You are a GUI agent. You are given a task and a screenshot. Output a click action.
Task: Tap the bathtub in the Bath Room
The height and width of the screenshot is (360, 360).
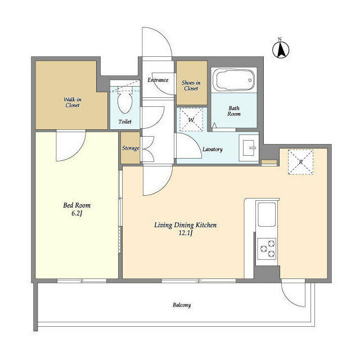(x=234, y=80)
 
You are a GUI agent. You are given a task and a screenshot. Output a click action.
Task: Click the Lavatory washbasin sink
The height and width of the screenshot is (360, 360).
(x=249, y=147)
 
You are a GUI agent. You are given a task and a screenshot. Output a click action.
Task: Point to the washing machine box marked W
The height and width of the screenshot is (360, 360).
(x=191, y=120)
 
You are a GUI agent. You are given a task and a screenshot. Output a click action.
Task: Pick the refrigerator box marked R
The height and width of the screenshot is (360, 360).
(x=300, y=162)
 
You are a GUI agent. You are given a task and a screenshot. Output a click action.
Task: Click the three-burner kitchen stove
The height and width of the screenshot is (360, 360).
(x=267, y=249)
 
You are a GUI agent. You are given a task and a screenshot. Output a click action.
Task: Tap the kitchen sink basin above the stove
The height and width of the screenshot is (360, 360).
(x=267, y=214)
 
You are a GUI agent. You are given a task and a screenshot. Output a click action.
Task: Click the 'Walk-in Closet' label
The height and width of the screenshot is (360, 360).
(x=73, y=102)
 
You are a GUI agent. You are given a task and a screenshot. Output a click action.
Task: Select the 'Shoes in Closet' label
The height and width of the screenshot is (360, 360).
(x=191, y=85)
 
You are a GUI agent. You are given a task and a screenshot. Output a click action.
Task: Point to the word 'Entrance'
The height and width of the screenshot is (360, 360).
(x=158, y=80)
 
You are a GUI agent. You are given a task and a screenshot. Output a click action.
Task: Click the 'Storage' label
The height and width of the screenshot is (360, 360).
(x=130, y=148)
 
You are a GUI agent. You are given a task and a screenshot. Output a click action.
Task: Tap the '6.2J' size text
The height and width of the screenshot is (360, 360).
(x=76, y=213)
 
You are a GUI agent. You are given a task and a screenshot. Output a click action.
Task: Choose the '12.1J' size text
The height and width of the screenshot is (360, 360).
(x=186, y=233)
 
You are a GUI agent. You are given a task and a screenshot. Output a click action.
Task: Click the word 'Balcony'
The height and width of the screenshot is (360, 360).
(x=182, y=305)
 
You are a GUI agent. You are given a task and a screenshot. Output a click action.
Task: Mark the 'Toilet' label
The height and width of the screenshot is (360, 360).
(x=125, y=121)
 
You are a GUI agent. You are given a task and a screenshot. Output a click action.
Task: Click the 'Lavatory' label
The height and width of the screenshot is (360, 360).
(x=213, y=150)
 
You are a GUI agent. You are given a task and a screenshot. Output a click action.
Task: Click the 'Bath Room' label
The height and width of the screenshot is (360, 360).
(x=234, y=111)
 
